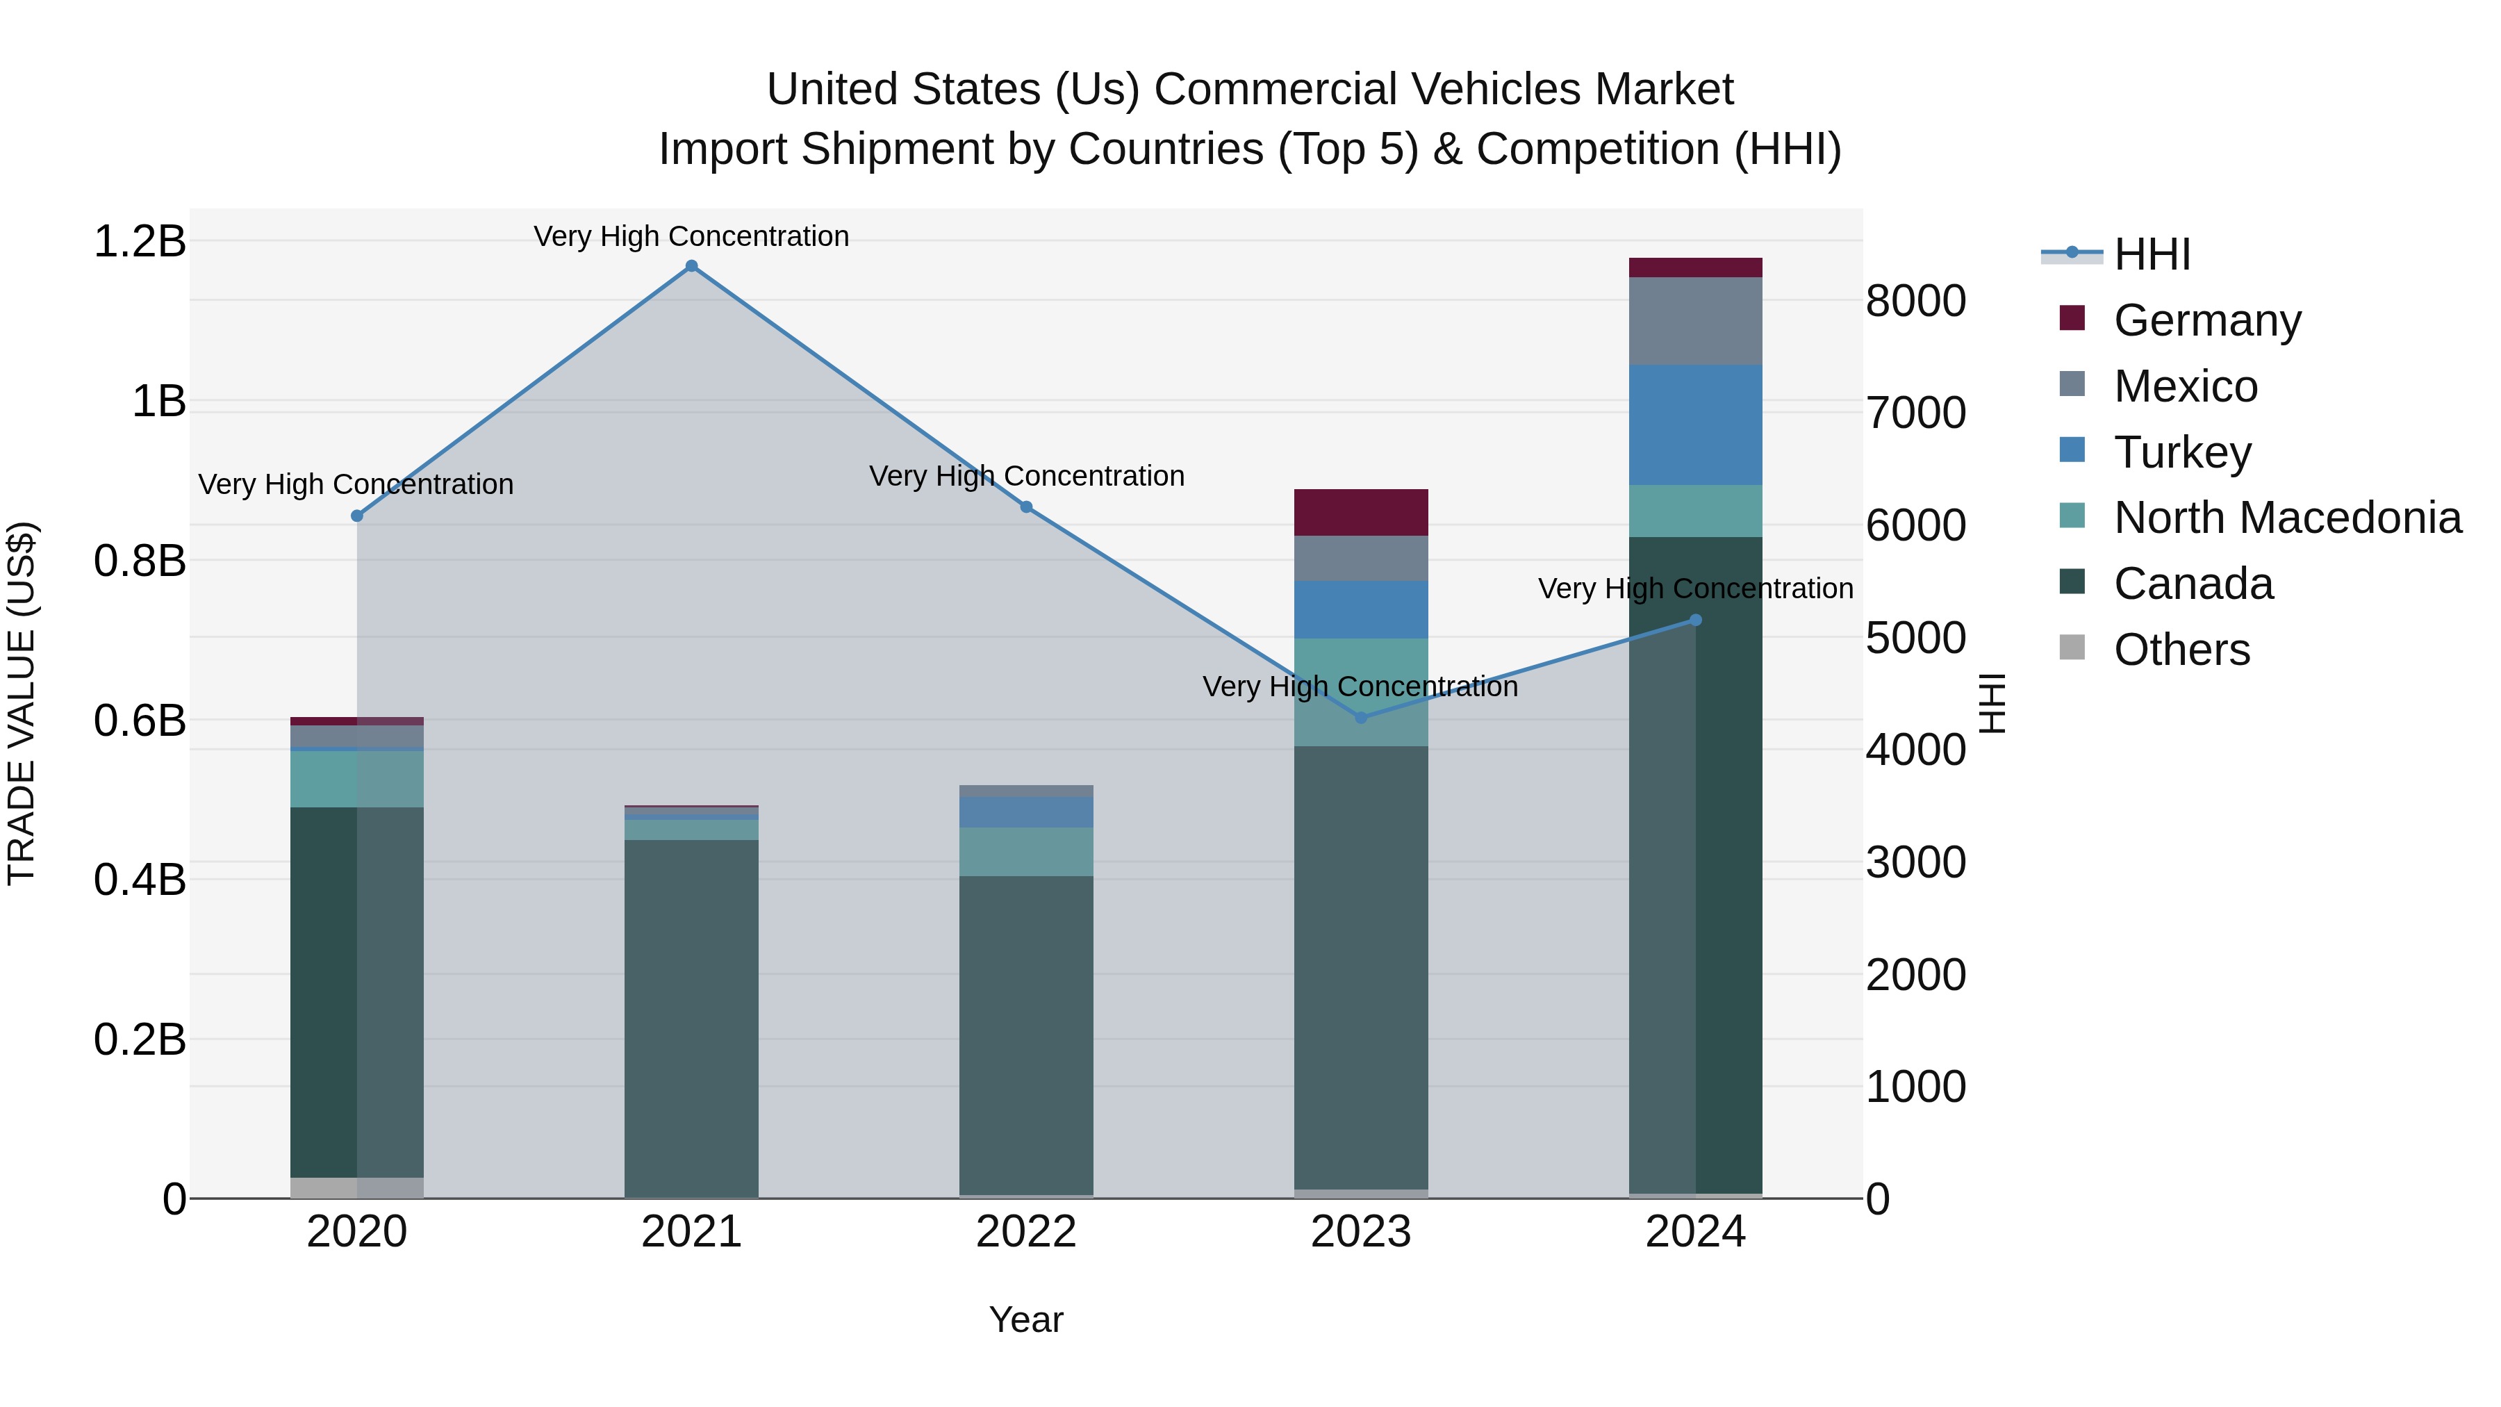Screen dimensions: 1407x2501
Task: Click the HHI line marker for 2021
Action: coord(691,266)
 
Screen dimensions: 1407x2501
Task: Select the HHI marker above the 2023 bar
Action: coord(1360,718)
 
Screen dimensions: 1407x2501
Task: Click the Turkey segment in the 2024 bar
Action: coord(1695,425)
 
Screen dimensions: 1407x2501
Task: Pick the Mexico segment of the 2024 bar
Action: coord(1695,320)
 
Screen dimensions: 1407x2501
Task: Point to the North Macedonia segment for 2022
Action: coord(1026,852)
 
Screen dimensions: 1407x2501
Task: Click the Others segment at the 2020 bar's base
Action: coord(356,1187)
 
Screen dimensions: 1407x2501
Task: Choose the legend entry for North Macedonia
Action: coord(2286,518)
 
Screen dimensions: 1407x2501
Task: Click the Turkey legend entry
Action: coord(2181,452)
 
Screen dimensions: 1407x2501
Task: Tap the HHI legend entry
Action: coord(2152,254)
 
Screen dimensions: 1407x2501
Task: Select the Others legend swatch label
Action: coord(2181,650)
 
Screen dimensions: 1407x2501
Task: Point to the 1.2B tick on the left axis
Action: coord(140,241)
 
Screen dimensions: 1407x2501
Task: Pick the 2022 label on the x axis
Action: coord(1026,1232)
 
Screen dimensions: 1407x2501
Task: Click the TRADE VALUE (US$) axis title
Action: coord(22,703)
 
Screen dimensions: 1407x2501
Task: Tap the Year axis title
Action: coord(1026,1319)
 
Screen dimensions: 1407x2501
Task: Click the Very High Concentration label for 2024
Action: coord(1695,589)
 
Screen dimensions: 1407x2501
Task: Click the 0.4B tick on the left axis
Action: coord(140,880)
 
